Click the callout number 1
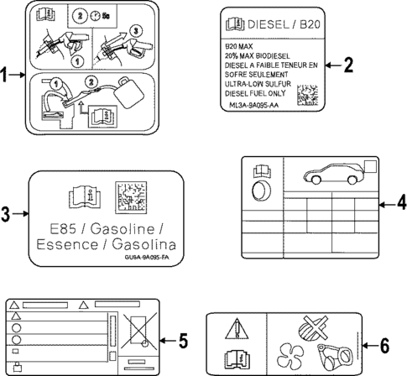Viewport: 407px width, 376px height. pos(7,76)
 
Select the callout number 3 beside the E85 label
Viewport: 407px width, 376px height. pos(7,215)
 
